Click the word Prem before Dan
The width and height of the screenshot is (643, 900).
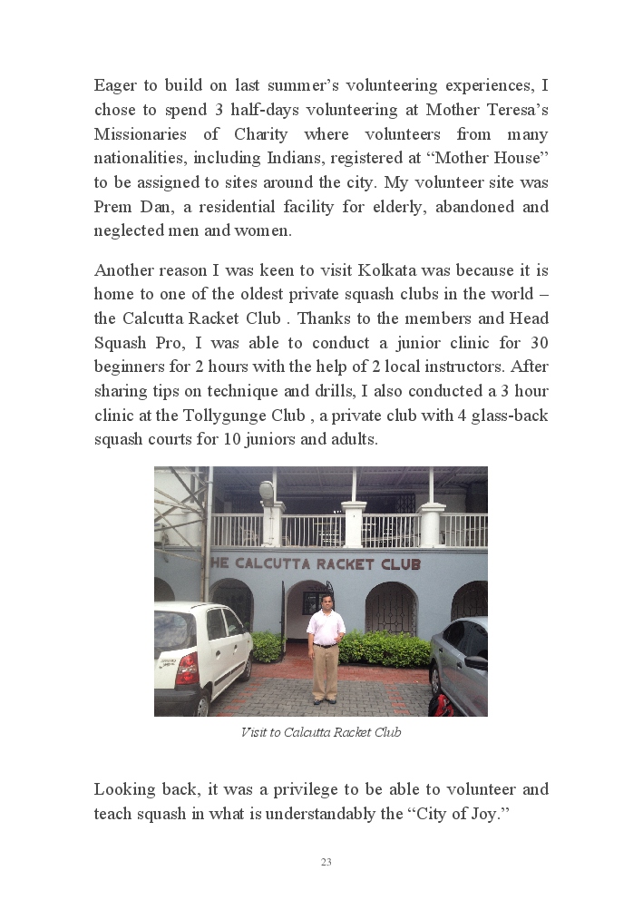[x=113, y=207]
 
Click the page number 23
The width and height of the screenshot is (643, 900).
[x=326, y=862]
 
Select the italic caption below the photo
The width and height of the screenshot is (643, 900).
[x=321, y=732]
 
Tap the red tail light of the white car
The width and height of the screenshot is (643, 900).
[x=188, y=669]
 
